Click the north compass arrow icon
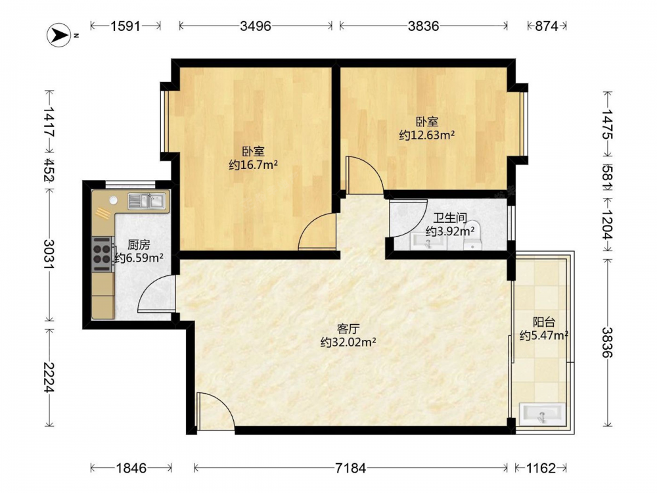click(x=58, y=35)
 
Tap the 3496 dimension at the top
click(x=256, y=26)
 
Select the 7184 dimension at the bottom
click(x=350, y=467)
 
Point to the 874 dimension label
click(x=547, y=26)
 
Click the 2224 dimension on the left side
click(x=49, y=377)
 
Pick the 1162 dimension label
click(x=541, y=467)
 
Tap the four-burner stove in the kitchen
click(x=101, y=254)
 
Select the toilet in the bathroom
click(x=472, y=235)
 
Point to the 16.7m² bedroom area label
click(x=253, y=165)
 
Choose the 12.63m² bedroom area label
click(x=427, y=135)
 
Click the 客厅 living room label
click(x=348, y=329)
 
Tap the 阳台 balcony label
click(x=544, y=322)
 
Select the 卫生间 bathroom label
click(x=449, y=218)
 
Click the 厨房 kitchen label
click(x=138, y=245)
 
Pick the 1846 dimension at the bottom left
click(x=131, y=467)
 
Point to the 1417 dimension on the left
click(x=49, y=122)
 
